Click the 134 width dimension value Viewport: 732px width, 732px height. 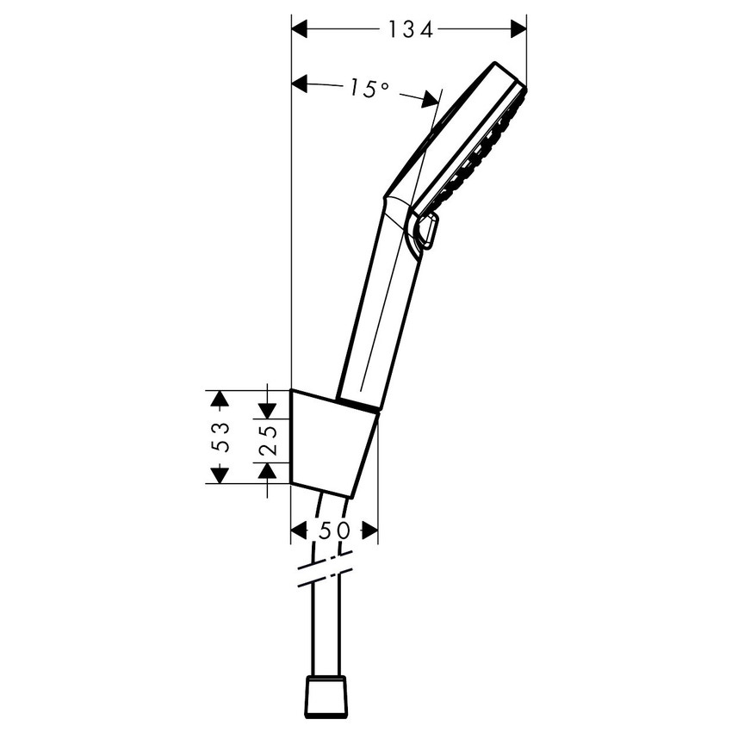[409, 29]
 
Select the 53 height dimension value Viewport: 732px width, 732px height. [220, 437]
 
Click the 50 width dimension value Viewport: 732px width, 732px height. [334, 530]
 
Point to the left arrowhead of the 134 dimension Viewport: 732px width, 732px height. [300, 28]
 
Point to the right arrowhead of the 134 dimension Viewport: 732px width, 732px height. [518, 28]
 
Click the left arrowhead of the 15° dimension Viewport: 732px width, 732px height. [300, 84]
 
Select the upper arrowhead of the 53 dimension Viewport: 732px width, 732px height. [220, 398]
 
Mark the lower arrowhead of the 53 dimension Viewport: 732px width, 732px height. [220, 475]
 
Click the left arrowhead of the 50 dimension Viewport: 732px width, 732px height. [300, 530]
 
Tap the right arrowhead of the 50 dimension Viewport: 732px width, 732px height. [369, 530]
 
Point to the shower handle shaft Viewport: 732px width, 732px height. [379, 310]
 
